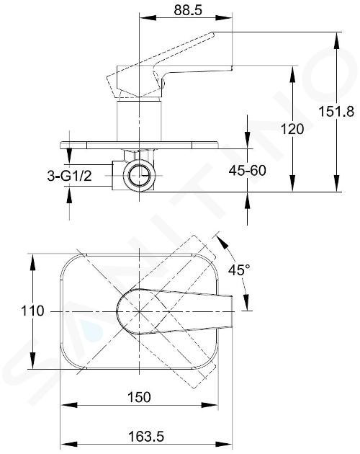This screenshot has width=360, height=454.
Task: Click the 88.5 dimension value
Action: (x=188, y=10)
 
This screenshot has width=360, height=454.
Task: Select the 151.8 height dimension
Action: (x=336, y=111)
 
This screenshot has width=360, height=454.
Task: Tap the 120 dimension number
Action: (x=292, y=129)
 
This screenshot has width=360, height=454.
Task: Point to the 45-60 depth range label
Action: (x=247, y=170)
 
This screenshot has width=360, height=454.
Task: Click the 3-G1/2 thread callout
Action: (x=69, y=176)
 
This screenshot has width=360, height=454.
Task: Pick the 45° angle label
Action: (x=239, y=270)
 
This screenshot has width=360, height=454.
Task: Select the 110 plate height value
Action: (x=32, y=311)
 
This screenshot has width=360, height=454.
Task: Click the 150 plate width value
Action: (x=139, y=397)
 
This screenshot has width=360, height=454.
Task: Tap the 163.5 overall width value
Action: (x=146, y=436)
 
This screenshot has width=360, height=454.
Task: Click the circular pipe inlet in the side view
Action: (x=139, y=175)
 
